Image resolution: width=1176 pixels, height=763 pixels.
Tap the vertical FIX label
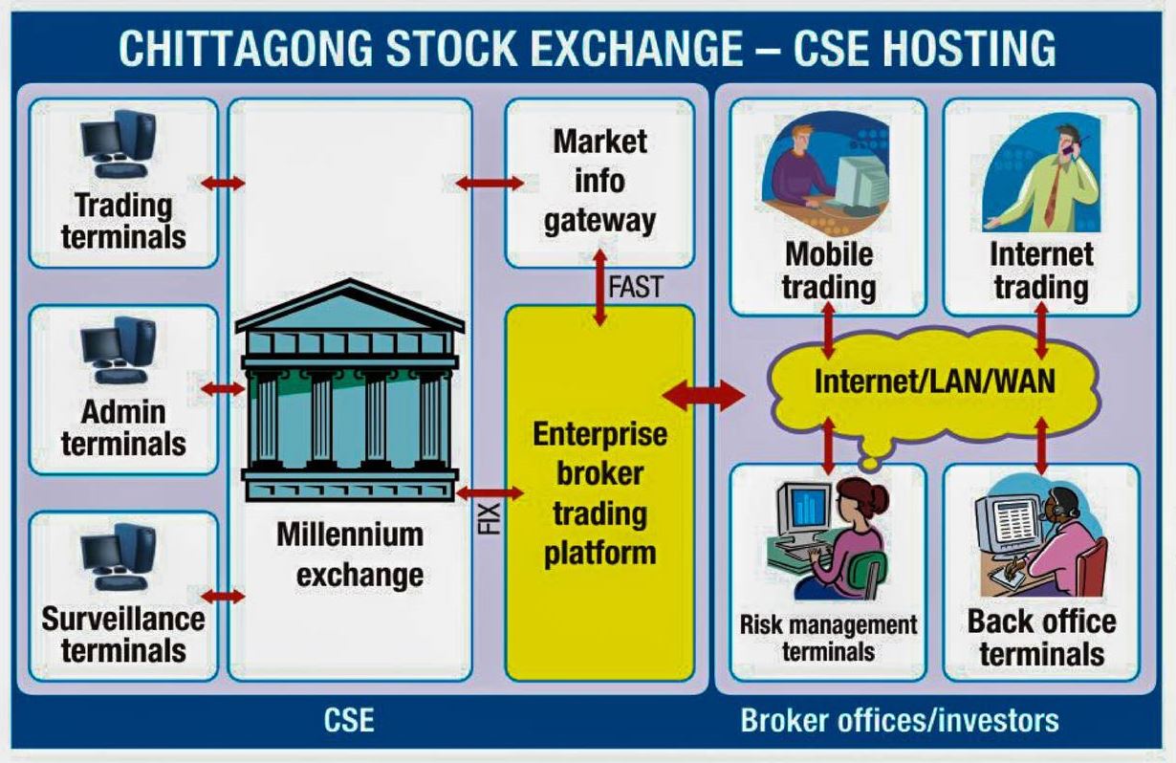pyautogui.click(x=489, y=517)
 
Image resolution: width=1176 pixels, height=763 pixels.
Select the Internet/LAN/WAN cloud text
pyautogui.click(x=934, y=381)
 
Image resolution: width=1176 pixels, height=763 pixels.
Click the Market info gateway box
pyautogui.click(x=599, y=182)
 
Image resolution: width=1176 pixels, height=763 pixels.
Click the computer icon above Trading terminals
pyautogui.click(x=120, y=144)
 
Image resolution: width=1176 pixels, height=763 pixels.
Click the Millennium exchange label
pyautogui.click(x=350, y=555)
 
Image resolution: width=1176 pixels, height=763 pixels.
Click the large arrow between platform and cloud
pyautogui.click(x=705, y=394)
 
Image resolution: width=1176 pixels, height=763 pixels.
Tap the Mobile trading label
pyautogui.click(x=828, y=271)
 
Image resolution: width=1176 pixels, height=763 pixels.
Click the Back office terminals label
pyautogui.click(x=1041, y=638)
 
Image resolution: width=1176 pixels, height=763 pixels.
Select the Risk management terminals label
pyautogui.click(x=828, y=638)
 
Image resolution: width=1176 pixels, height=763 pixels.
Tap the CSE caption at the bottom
pyautogui.click(x=349, y=719)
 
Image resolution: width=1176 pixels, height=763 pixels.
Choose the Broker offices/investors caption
pyautogui.click(x=900, y=719)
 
